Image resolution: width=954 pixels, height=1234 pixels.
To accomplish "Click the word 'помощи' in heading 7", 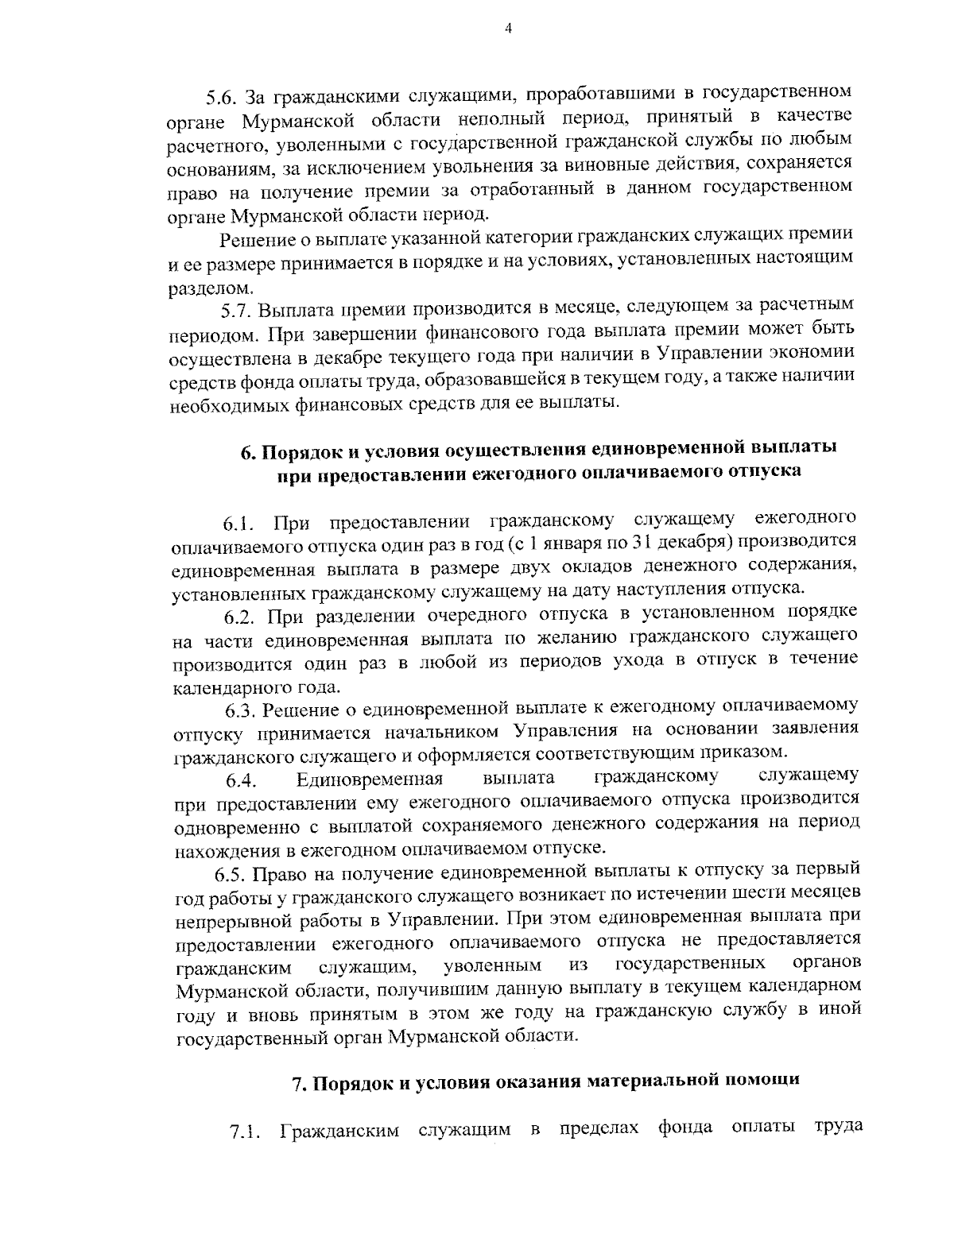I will (762, 1081).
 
